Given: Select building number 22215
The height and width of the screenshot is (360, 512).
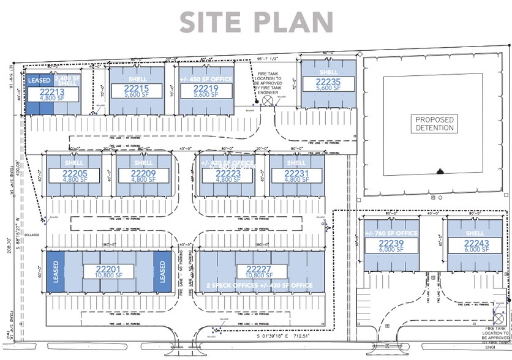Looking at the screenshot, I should coord(136,88).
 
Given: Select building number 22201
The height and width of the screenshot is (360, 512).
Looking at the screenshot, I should coord(108,269).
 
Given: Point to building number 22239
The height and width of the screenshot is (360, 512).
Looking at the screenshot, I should coord(391,242).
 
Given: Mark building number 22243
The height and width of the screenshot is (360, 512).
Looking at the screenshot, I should coord(475,242).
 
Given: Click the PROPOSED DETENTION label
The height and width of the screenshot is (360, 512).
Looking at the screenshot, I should coord(434,124).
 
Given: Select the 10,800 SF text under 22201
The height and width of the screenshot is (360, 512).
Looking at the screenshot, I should coord(108,277).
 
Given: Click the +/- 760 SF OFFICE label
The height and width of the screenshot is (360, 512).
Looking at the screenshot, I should coord(391,233).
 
